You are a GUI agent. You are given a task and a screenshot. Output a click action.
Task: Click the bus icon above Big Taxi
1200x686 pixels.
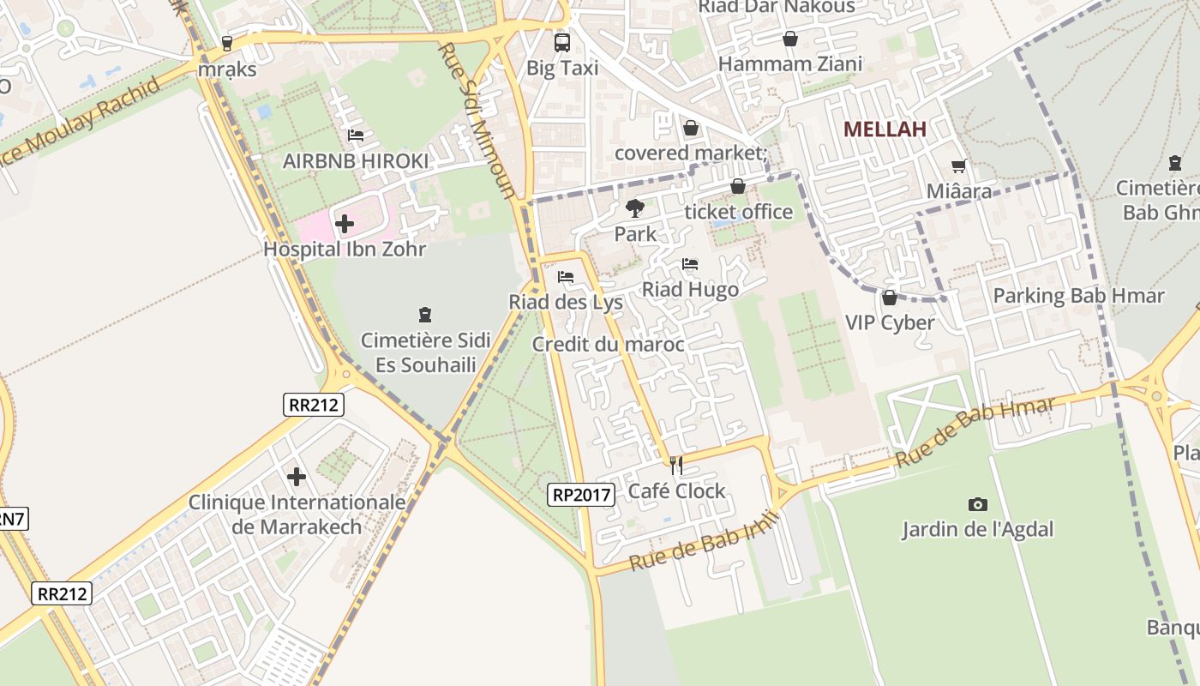click(562, 42)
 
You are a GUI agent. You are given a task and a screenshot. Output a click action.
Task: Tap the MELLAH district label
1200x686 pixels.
click(885, 129)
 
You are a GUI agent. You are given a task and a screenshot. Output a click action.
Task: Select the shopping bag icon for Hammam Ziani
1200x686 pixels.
click(790, 39)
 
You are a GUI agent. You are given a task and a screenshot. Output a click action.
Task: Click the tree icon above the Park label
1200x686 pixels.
click(635, 208)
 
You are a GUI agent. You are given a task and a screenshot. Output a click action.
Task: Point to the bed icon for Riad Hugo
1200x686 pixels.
click(690, 264)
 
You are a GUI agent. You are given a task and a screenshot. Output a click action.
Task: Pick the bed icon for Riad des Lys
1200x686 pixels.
click(566, 277)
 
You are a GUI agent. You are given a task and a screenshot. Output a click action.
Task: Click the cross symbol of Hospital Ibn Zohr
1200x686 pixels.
click(345, 225)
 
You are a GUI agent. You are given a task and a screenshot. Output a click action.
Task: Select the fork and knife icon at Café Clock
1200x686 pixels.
click(677, 466)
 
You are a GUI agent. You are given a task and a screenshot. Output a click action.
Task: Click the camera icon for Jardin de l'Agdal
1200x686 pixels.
click(977, 504)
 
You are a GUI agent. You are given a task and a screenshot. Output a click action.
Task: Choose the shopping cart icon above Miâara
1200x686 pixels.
click(958, 165)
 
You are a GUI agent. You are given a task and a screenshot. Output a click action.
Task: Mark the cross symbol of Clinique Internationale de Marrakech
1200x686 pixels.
click(297, 477)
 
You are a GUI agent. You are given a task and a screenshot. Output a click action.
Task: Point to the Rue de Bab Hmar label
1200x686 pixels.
click(975, 432)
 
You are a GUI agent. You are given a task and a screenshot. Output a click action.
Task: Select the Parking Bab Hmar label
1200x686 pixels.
click(1078, 297)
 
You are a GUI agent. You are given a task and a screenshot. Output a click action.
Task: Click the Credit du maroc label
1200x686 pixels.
click(608, 345)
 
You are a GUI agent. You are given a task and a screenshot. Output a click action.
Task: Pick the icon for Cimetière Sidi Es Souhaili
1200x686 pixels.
click(425, 315)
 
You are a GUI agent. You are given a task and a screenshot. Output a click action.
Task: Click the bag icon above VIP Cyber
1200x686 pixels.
click(890, 298)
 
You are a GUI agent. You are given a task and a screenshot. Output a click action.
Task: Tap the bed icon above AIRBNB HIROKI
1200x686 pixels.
click(356, 135)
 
